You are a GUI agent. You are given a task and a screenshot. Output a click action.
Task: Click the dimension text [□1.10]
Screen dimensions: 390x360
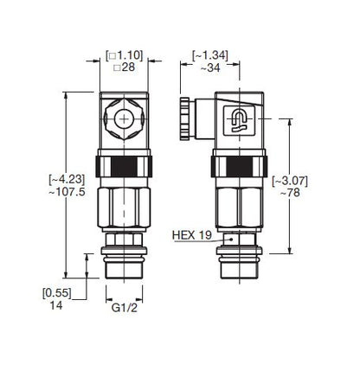(124, 54)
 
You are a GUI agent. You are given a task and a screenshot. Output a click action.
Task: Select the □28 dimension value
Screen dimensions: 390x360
(124, 67)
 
